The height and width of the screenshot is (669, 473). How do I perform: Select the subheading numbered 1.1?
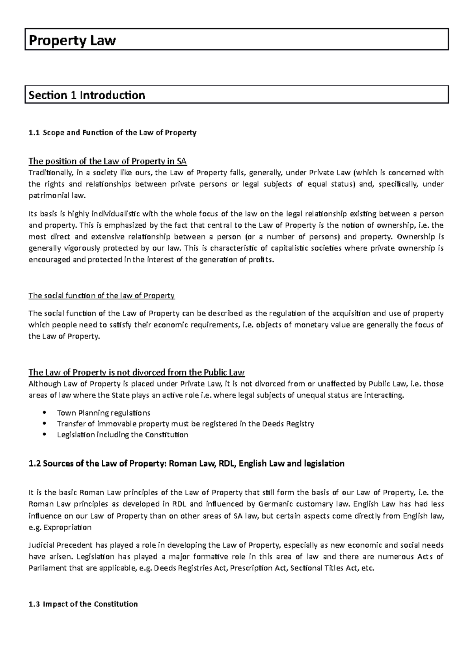pos(112,132)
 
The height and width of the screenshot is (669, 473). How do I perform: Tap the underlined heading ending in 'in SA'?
pos(108,161)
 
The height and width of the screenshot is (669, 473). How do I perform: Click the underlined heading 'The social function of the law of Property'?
pos(102,295)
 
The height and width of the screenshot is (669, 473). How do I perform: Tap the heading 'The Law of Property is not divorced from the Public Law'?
pos(137,372)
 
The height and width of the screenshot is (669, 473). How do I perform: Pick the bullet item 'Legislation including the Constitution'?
pos(123,435)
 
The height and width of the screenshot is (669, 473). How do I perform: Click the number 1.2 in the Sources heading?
pos(35,463)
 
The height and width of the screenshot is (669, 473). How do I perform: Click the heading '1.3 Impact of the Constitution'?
pos(84,604)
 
